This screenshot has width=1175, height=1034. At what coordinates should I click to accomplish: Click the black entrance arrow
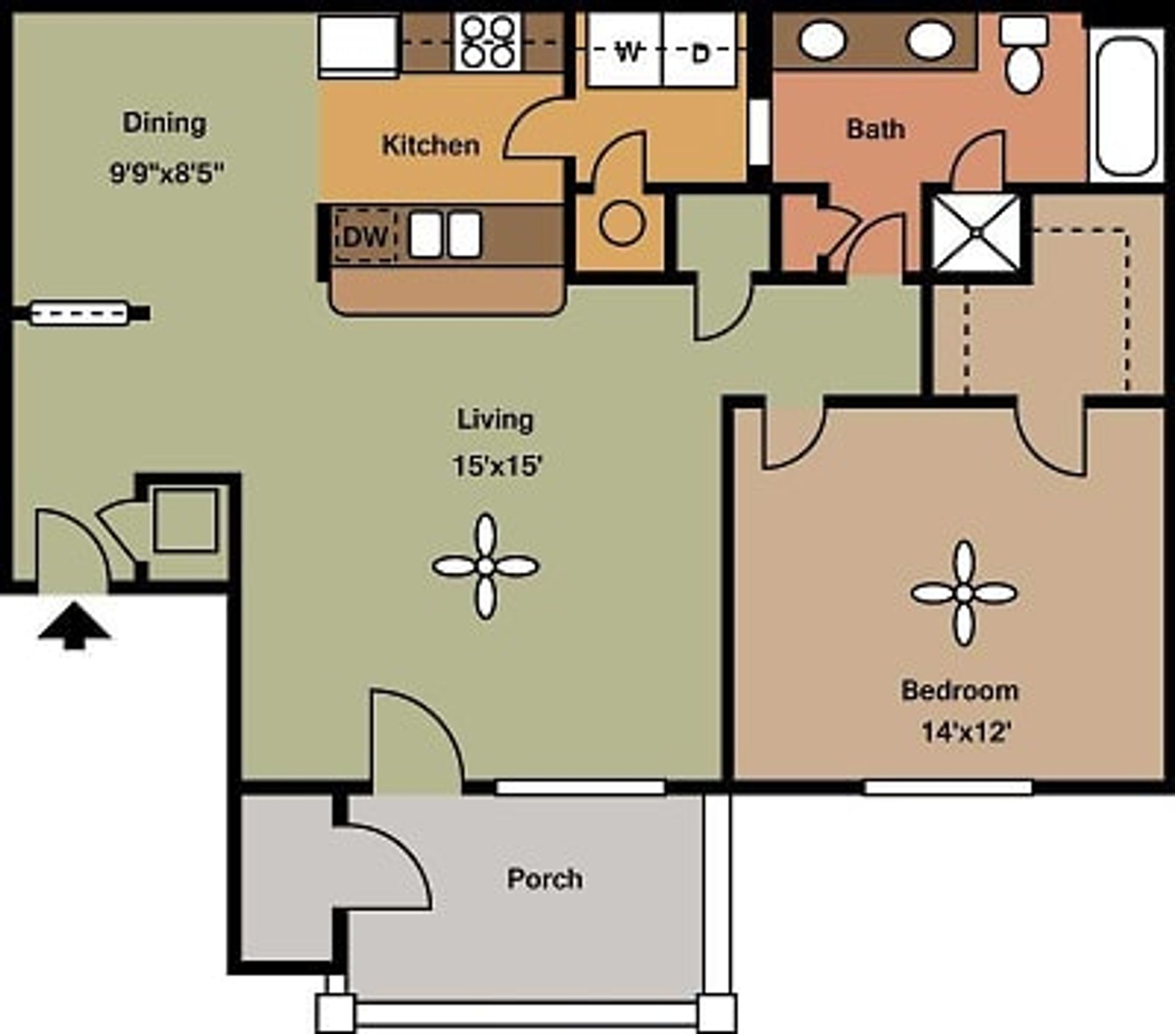click(x=74, y=626)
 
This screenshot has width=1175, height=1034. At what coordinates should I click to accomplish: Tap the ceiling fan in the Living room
click(x=485, y=567)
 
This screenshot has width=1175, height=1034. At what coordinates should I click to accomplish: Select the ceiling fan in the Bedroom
click(x=964, y=593)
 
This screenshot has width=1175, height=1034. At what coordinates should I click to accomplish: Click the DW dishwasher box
click(x=365, y=236)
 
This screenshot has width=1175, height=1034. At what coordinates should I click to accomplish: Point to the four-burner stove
click(x=488, y=42)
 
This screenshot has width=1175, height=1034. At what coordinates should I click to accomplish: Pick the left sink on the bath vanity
click(x=823, y=41)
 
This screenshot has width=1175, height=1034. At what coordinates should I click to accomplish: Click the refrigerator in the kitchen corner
click(x=358, y=45)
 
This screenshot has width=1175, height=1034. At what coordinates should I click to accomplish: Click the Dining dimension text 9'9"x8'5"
click(x=165, y=173)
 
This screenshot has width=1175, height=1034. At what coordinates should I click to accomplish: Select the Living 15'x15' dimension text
click(x=497, y=466)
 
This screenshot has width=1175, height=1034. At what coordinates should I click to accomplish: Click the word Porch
click(x=545, y=879)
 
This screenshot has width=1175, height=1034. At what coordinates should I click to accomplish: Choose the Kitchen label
click(x=430, y=146)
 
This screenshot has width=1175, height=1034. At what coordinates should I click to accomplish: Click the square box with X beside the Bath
click(x=975, y=232)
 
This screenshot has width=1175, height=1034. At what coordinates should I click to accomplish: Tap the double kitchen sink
click(x=445, y=234)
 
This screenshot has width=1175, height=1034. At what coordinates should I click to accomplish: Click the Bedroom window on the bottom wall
click(x=947, y=787)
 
